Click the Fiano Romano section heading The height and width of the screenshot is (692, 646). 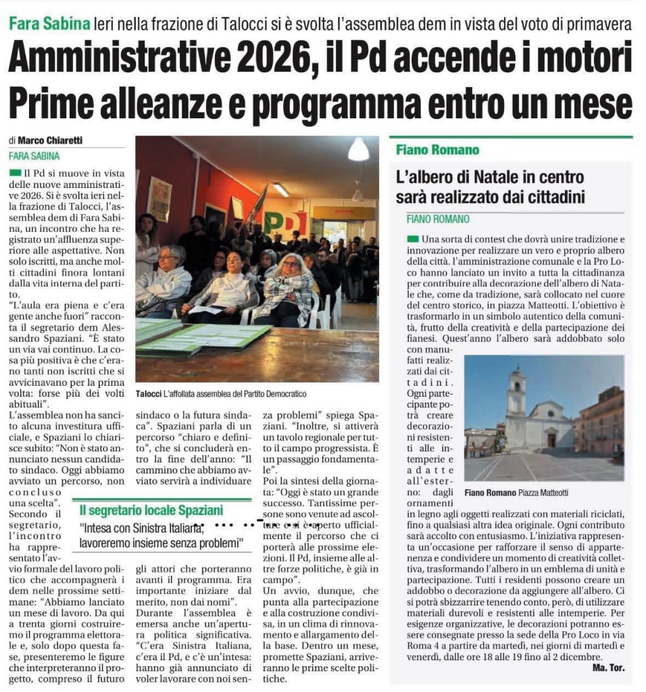pyautogui.click(x=437, y=149)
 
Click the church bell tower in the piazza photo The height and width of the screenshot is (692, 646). pyautogui.click(x=517, y=393)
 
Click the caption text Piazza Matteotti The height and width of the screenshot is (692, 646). pyautogui.click(x=543, y=493)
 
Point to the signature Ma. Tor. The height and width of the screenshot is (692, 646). pyautogui.click(x=607, y=668)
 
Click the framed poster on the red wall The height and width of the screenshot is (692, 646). pyautogui.click(x=159, y=199)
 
